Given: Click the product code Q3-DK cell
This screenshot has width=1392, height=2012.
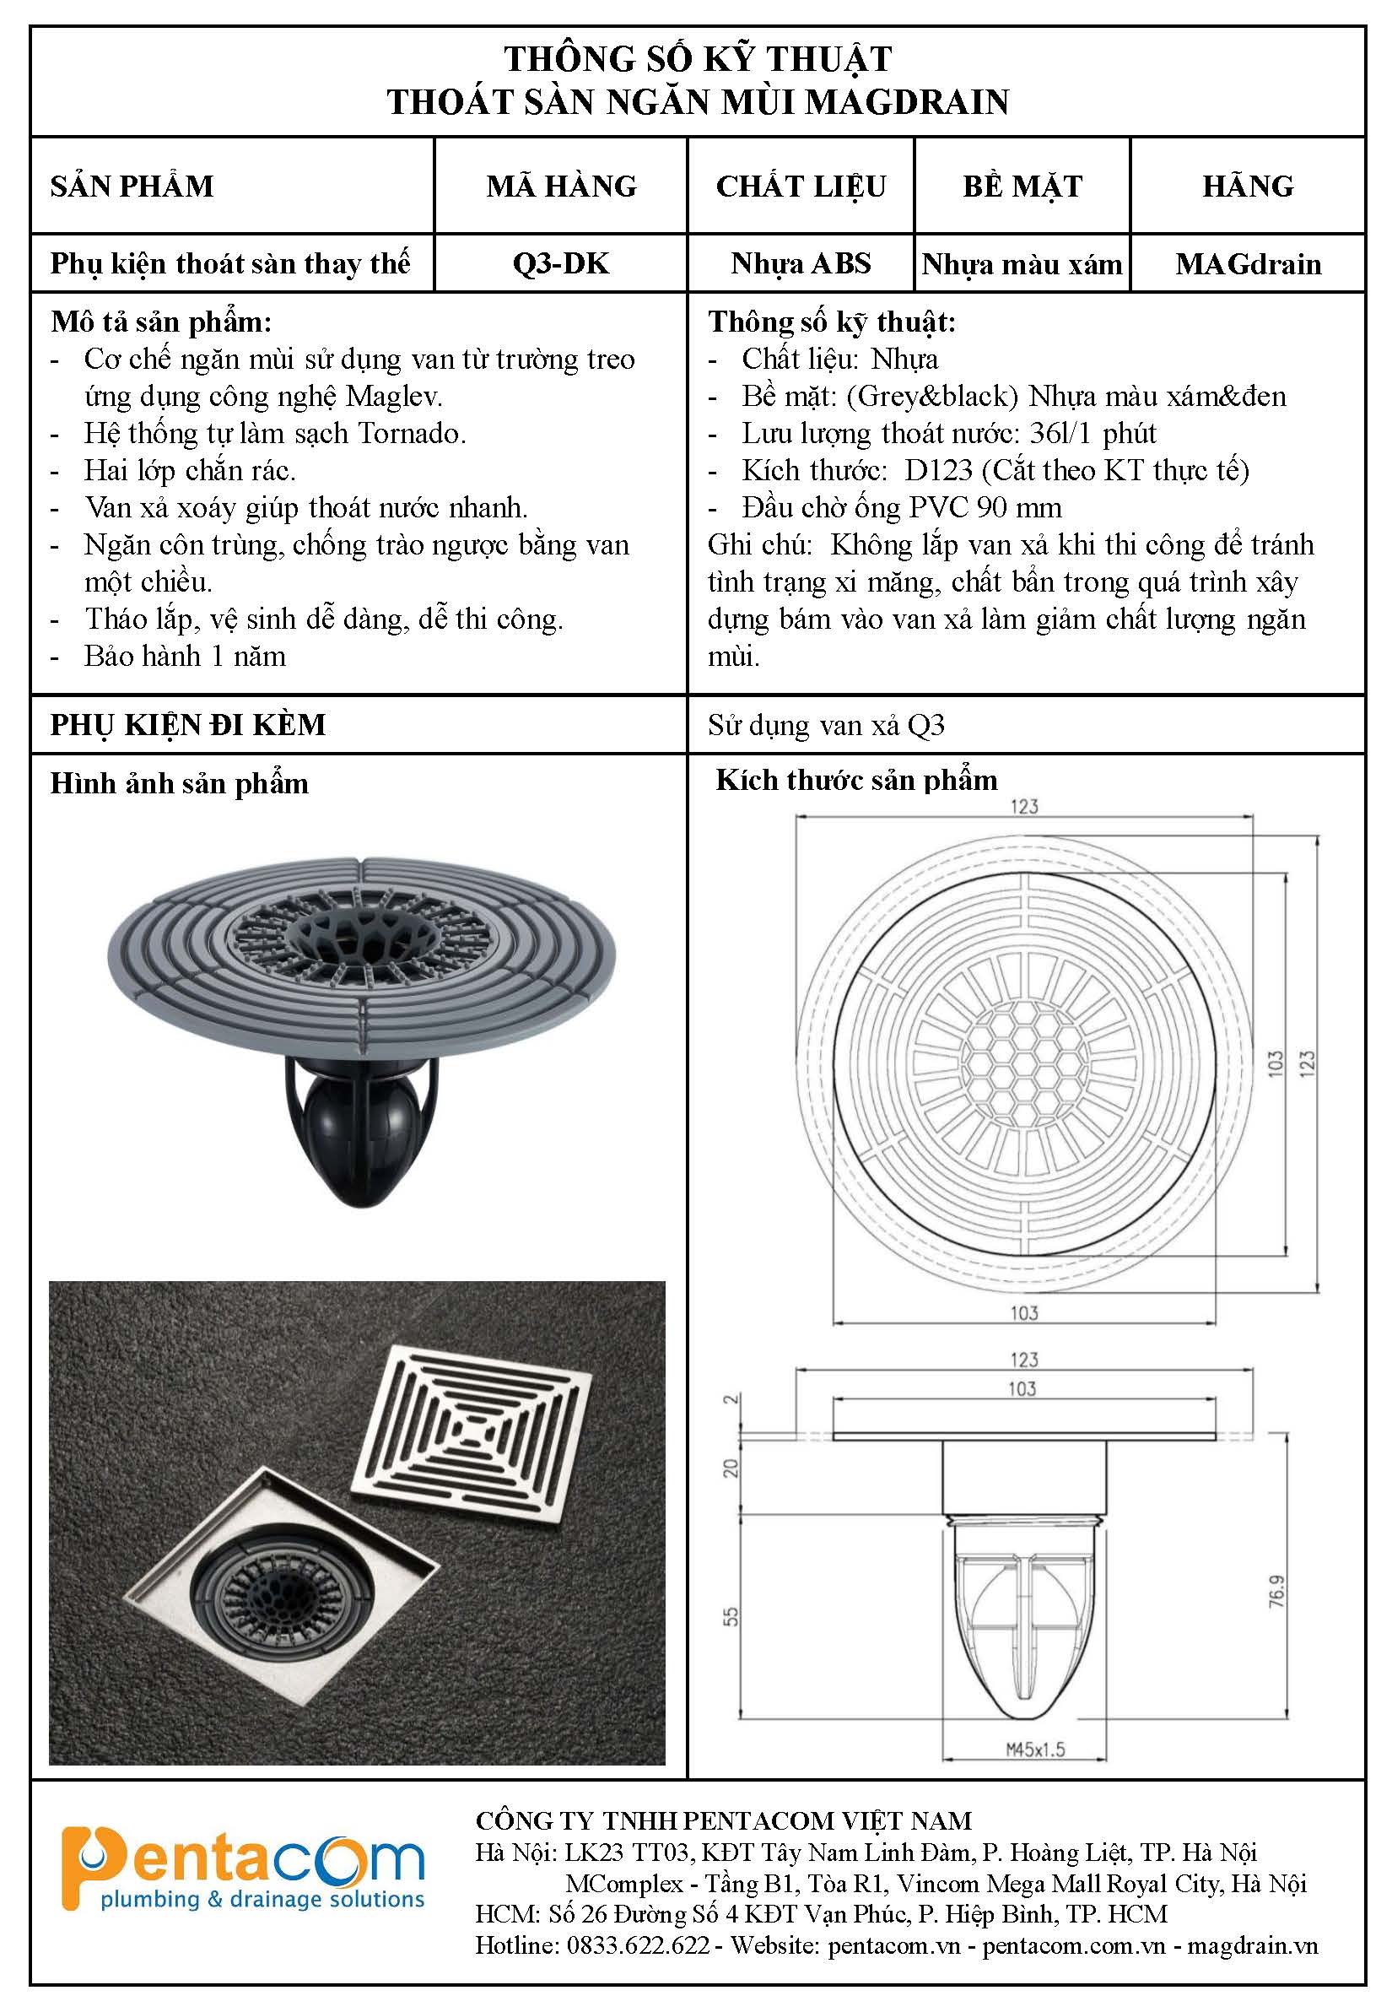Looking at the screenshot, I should coord(561,263).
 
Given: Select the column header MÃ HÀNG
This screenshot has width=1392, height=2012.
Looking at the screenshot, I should coord(561,186).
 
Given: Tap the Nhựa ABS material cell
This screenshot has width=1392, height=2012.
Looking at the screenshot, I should coord(801,263).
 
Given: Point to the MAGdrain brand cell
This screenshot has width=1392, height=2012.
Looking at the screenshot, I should coord(1247,263).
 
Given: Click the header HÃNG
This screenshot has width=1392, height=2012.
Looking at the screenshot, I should coord(1247,186).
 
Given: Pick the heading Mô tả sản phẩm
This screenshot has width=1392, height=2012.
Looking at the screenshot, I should coord(161,322).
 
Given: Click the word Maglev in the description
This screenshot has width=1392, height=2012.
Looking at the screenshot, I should coord(394,397).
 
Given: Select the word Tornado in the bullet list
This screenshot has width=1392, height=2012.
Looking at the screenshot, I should coord(412,434).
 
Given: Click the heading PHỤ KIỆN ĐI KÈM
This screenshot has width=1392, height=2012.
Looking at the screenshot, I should coord(187,725).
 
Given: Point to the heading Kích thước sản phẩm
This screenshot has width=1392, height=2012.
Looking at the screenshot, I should coord(855,780).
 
